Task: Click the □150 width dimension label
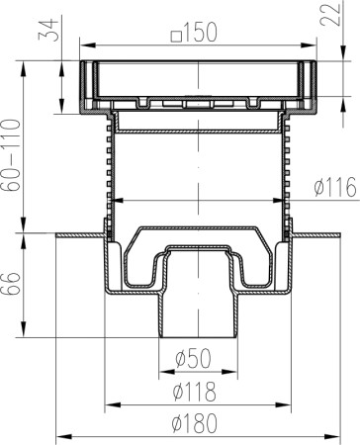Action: [194, 33]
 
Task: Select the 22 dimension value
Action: [330, 14]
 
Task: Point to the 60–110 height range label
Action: [11, 155]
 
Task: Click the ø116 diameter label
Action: [335, 187]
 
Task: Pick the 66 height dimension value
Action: [11, 283]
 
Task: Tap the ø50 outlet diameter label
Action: [193, 358]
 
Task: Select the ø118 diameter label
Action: [195, 392]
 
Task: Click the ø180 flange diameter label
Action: [195, 423]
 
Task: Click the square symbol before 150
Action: [176, 37]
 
